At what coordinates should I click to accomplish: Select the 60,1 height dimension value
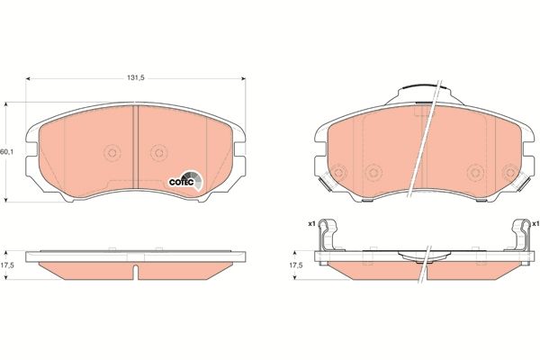click(7, 151)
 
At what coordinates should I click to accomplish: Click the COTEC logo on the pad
click(185, 180)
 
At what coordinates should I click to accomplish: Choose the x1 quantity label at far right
click(535, 223)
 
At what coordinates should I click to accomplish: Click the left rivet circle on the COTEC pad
click(112, 152)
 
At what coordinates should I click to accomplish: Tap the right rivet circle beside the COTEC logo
click(159, 152)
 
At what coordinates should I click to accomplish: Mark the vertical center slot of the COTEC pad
click(134, 144)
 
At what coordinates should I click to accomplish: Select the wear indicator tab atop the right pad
click(419, 94)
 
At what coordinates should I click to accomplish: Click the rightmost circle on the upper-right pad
click(510, 173)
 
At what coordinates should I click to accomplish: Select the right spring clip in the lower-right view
click(519, 236)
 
